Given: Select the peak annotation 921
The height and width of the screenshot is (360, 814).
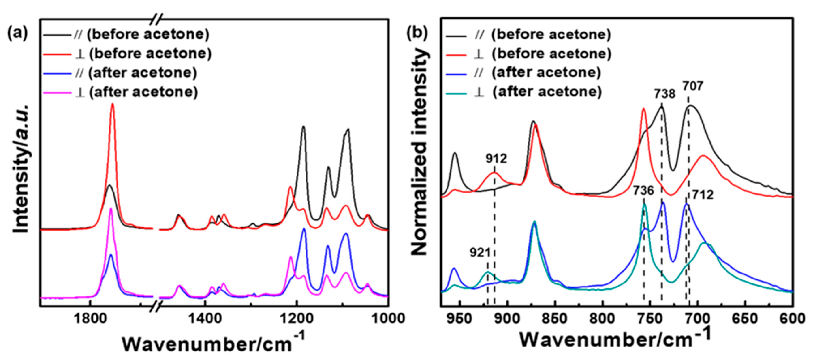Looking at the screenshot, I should [480, 253].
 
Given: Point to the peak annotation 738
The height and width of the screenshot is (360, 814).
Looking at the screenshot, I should [664, 94].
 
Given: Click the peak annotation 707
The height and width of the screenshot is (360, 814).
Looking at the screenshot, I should [693, 86].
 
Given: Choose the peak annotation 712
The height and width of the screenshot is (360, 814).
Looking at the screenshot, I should [703, 195].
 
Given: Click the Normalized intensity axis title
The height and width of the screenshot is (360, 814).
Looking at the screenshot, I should [420, 152].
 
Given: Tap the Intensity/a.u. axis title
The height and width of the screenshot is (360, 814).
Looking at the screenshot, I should [21, 169].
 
